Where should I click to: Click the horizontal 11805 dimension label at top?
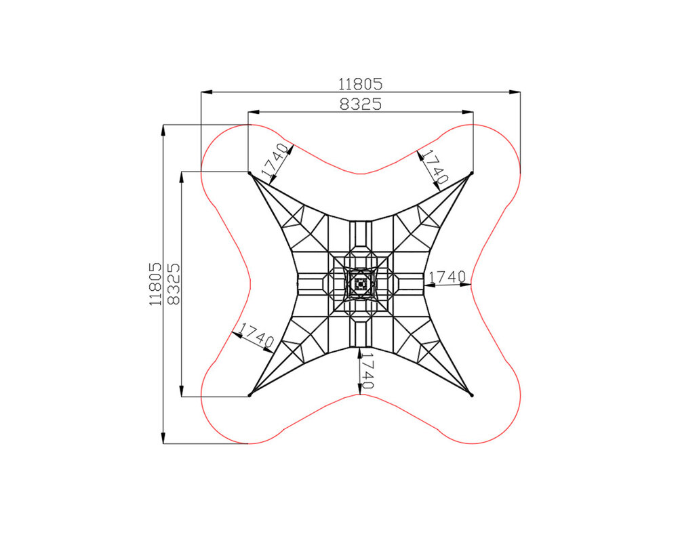[x=360, y=83]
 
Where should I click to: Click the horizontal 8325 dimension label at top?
[x=361, y=104]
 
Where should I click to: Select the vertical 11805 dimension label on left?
[x=155, y=284]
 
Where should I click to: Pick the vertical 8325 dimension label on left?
[x=173, y=284]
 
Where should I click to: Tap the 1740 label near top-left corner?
[x=275, y=161]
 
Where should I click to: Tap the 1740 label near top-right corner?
[x=435, y=167]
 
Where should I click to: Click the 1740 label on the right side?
[x=447, y=277]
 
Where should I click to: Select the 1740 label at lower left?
[x=257, y=336]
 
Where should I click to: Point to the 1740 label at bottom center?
[x=367, y=371]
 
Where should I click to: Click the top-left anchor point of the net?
[x=250, y=173]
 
